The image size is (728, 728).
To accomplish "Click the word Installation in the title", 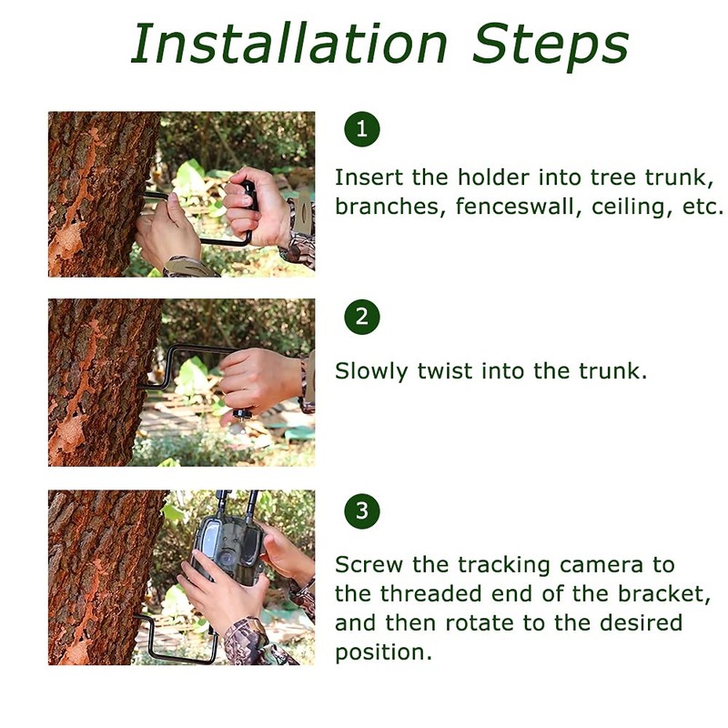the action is (289, 43).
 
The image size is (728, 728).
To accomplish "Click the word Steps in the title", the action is (551, 46).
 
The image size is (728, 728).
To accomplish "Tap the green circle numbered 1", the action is (362, 128).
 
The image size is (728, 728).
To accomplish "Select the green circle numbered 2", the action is (362, 317).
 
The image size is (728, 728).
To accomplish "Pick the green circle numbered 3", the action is (362, 511).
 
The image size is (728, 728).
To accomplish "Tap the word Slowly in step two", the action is (371, 372).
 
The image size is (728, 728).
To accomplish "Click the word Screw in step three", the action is (369, 565).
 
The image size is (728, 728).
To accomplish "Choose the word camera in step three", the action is (602, 565).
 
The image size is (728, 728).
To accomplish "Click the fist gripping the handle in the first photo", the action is (256, 207).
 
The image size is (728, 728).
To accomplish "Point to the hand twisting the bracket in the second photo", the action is (260, 380).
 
